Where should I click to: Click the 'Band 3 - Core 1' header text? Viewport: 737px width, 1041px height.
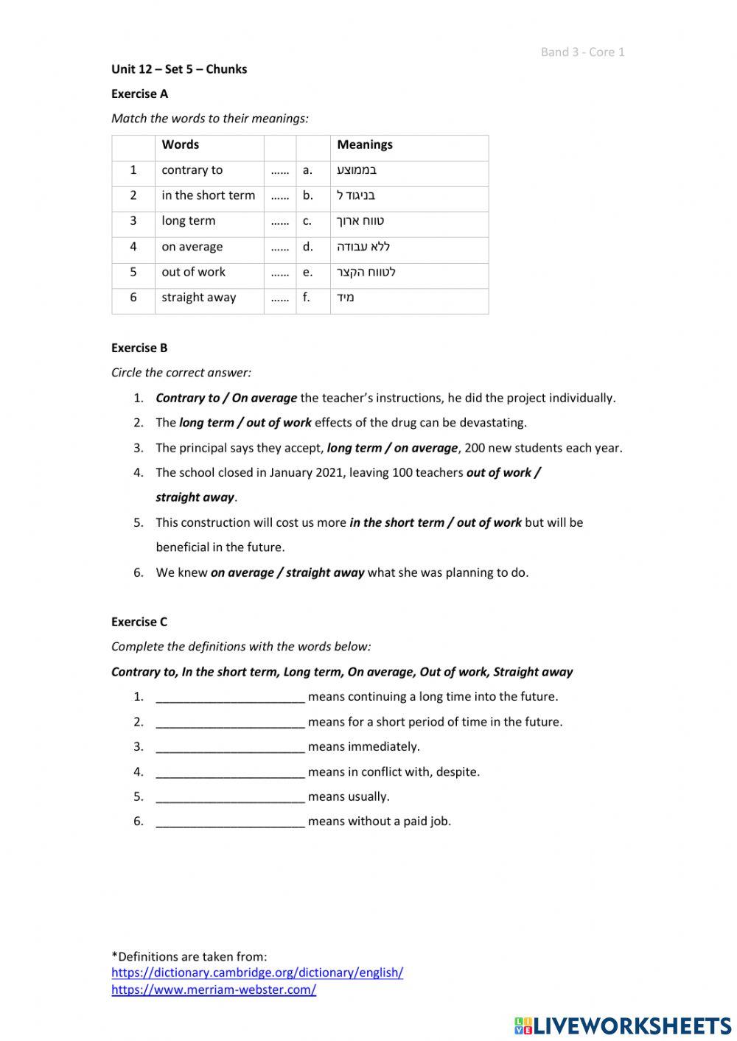(582, 52)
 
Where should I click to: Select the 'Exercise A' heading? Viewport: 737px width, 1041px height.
(139, 94)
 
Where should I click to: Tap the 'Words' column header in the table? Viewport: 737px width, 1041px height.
(181, 144)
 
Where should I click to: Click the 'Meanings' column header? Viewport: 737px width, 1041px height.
(364, 144)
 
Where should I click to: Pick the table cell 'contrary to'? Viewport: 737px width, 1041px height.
(192, 170)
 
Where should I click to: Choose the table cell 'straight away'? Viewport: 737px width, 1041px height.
(199, 298)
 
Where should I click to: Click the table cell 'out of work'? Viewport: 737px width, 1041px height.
(193, 272)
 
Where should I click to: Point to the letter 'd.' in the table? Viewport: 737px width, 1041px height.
(307, 247)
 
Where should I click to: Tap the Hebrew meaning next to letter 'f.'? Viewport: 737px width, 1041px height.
(346, 298)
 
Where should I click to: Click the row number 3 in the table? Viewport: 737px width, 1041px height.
(133, 221)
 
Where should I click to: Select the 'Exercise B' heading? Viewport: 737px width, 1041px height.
(139, 348)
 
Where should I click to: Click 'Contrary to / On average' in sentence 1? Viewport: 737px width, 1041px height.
(226, 398)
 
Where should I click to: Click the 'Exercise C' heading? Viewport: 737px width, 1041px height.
(139, 622)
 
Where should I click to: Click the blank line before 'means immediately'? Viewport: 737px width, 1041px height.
(230, 747)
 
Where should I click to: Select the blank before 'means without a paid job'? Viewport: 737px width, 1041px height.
(230, 821)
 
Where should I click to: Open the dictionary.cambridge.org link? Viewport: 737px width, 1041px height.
(257, 972)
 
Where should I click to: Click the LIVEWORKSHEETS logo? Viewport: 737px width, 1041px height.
(623, 1026)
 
